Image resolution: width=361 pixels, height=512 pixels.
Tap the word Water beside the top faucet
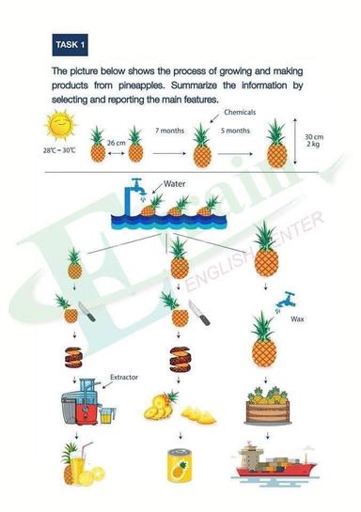[x=176, y=185]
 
